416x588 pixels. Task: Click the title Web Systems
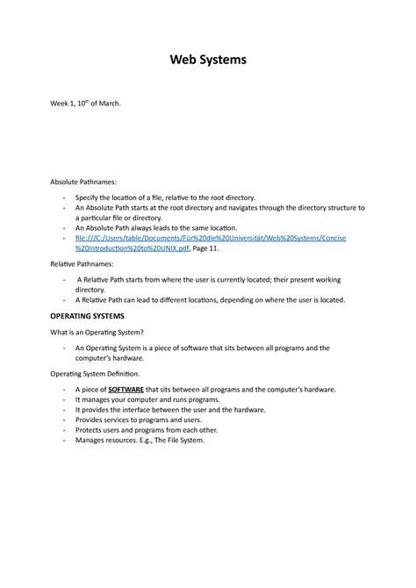tap(208, 61)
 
